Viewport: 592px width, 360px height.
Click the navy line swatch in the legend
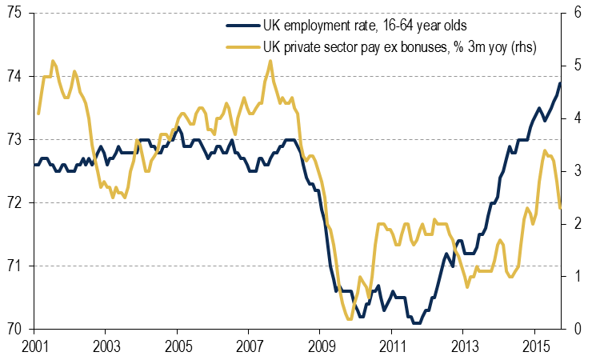point(241,26)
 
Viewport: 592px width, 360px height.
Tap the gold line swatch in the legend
point(241,47)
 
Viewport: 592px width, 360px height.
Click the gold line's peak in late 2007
point(270,61)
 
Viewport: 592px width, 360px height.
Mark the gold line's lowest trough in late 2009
point(349,319)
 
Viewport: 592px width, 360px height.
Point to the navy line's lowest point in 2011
point(416,323)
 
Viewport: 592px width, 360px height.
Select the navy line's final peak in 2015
point(560,83)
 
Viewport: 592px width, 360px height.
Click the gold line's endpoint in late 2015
point(560,207)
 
